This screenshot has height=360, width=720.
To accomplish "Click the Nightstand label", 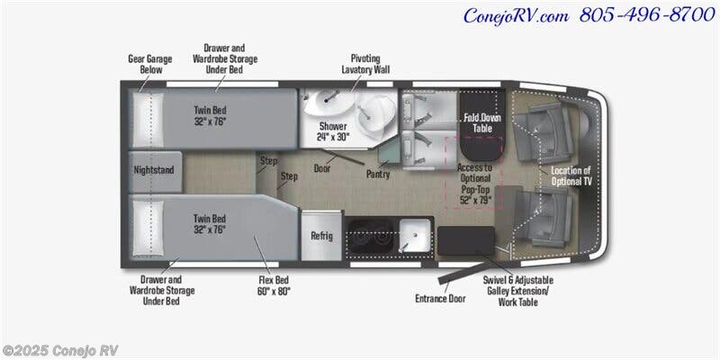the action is tap(154, 170).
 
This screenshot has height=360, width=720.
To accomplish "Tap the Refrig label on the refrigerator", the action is tap(321, 236).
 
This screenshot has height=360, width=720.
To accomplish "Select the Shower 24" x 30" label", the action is tap(333, 131).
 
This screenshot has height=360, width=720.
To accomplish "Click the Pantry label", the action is tap(378, 174).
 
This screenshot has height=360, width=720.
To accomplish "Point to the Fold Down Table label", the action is tap(482, 122).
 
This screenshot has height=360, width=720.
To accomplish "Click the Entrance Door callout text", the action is tap(440, 299).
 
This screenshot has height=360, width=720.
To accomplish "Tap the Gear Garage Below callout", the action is tap(150, 64).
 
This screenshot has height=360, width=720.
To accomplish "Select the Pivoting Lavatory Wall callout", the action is tap(365, 64).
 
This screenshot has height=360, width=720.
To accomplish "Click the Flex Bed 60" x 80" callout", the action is tap(274, 285).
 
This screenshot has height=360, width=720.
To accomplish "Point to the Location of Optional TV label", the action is tap(571, 175).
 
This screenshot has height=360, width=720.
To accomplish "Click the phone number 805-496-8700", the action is tap(647, 15).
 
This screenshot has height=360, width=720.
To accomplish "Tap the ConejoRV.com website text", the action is tap(516, 16).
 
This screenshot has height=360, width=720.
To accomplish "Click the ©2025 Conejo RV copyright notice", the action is tap(59, 350).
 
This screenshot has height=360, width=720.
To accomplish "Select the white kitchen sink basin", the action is tap(415, 235).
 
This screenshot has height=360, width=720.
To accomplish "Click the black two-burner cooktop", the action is tap(370, 236).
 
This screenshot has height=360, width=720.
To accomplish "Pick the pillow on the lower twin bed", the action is tap(148, 229).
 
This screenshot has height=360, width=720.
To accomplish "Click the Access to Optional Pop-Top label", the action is tap(475, 184).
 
